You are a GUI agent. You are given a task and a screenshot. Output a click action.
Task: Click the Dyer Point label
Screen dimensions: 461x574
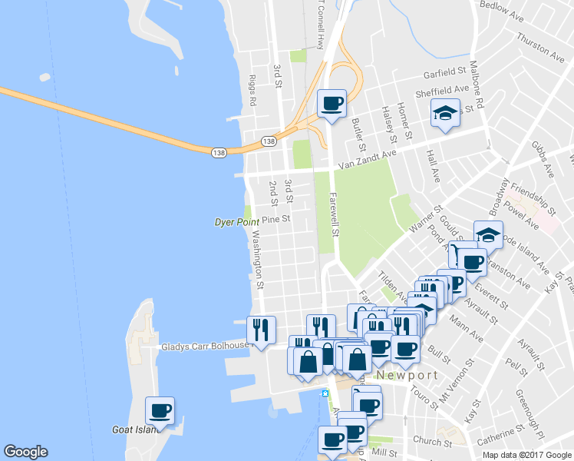[x=236, y=222]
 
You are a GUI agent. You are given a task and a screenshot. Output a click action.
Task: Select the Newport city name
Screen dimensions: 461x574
[x=407, y=376]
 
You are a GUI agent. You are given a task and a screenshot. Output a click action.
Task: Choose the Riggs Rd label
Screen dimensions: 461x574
[x=252, y=90]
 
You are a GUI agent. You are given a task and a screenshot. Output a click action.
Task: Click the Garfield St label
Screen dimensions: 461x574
[x=446, y=74]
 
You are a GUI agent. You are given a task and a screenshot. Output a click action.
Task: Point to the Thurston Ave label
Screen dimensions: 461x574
[x=540, y=47]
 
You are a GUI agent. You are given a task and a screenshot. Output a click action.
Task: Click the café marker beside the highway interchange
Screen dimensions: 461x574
[x=332, y=103]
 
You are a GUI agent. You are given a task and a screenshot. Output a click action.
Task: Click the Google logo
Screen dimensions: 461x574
[x=25, y=452]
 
